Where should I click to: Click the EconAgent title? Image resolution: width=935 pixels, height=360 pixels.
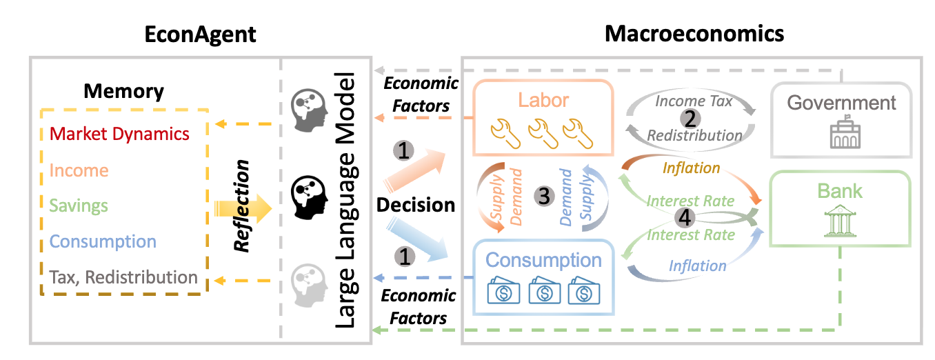point(200,35)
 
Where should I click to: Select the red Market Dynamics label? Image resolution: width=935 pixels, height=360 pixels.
point(119,134)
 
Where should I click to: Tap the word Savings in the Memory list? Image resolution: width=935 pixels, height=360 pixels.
point(79,206)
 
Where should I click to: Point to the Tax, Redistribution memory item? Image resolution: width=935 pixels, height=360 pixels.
point(123,277)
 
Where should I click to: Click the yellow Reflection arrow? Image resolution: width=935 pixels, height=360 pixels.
point(243,208)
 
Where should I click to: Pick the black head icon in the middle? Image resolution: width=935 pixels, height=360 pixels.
point(310,197)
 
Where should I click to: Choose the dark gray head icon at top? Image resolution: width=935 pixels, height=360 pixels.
point(310,110)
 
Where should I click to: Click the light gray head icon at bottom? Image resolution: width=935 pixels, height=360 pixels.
point(310,286)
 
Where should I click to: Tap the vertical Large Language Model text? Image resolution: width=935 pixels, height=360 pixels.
point(345,200)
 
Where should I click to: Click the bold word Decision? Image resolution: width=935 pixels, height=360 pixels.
point(416,205)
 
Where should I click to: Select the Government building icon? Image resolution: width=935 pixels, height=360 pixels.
point(845,132)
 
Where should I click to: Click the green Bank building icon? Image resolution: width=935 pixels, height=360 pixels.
point(841,221)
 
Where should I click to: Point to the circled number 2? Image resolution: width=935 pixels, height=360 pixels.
point(690,119)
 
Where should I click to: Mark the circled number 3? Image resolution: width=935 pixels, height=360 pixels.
point(544,196)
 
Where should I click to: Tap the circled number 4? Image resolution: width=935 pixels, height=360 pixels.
point(685,218)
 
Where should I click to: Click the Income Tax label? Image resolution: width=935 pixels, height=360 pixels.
point(694,101)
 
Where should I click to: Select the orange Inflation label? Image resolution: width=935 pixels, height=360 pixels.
point(691,168)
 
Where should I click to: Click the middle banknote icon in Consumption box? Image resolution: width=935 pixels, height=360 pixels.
point(544,290)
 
